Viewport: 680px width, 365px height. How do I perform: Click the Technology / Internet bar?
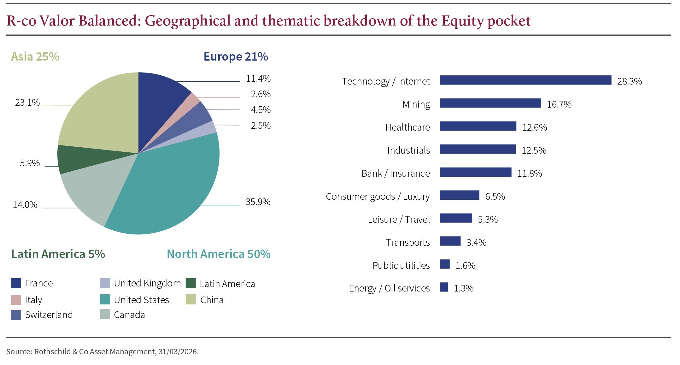pos(525,80)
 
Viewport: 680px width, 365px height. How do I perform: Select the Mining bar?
pos(490,103)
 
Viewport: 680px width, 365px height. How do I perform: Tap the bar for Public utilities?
pos(445,264)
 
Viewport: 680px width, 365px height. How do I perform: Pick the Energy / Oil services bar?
pos(444,287)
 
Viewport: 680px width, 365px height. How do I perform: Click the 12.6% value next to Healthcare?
pos(534,127)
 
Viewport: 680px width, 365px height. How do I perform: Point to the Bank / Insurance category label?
pos(396,174)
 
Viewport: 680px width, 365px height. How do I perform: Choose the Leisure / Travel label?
pos(399,220)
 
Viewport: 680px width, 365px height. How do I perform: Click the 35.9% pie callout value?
pos(258,202)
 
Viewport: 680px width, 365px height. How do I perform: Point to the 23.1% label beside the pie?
pos(27,103)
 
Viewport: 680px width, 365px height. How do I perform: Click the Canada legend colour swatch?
pos(105,315)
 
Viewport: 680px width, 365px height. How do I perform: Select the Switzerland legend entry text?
pos(49,315)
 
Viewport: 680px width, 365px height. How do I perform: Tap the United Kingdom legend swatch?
pos(105,283)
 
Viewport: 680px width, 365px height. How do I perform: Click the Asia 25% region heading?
pos(35,57)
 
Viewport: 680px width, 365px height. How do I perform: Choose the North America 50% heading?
pos(219,254)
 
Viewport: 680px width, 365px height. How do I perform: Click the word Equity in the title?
pos(462,21)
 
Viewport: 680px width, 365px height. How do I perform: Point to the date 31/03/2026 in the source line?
pos(178,352)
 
